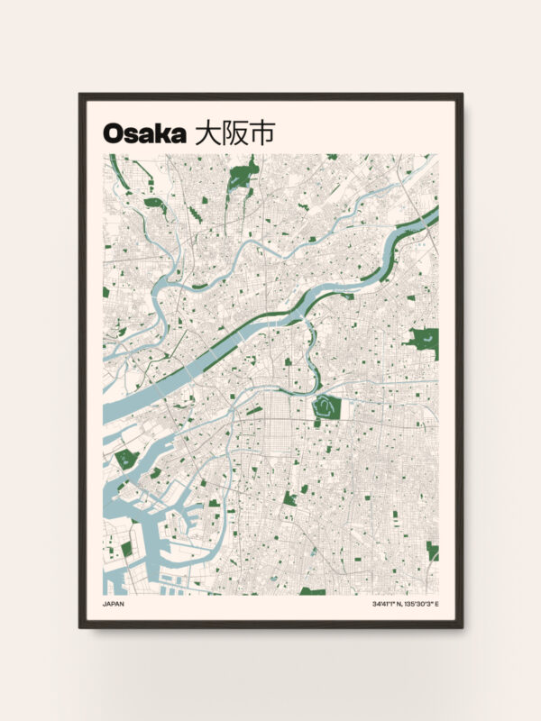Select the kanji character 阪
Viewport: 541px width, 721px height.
[234, 132]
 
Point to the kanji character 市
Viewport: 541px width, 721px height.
[261, 132]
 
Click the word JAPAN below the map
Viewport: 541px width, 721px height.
[114, 604]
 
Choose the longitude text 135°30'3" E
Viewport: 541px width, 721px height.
[423, 604]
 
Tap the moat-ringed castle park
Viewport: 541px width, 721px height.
[326, 407]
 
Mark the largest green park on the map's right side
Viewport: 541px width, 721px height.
[423, 342]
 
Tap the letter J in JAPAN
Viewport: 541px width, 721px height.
[105, 604]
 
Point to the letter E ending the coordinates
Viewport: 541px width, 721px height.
[437, 604]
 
